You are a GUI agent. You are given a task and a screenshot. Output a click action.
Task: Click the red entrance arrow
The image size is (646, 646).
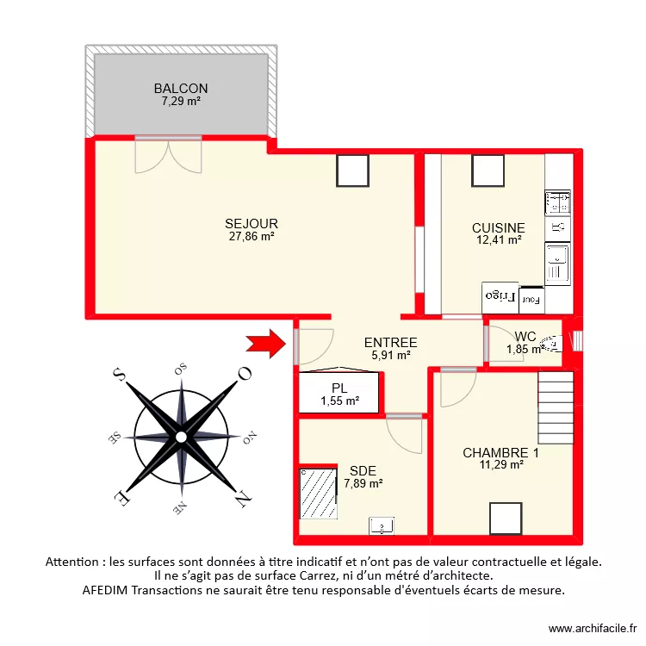point(265,344)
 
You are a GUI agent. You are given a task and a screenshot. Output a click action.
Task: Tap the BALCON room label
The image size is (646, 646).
point(181,89)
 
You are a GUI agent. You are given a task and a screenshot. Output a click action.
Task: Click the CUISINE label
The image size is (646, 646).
point(498,227)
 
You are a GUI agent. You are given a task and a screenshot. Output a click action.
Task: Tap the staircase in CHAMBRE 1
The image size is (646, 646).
point(556,407)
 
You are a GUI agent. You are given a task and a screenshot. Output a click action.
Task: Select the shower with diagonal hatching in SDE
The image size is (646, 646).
point(317,494)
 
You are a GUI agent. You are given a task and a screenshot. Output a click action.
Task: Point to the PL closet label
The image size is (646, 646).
point(339,388)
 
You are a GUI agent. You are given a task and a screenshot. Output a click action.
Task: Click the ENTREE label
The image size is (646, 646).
point(390,342)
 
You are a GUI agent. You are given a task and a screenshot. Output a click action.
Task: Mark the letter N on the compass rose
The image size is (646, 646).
point(242,496)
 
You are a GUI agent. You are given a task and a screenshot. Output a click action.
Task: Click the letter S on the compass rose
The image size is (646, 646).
point(119,375)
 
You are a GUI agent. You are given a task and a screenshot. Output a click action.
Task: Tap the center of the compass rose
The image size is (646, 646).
point(181,437)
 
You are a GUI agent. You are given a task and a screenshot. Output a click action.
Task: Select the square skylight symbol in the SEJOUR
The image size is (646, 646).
point(352,170)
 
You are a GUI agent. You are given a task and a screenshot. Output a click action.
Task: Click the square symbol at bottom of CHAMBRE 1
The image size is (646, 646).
point(506,519)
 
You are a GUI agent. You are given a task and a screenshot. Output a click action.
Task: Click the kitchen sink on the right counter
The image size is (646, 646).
point(557,258)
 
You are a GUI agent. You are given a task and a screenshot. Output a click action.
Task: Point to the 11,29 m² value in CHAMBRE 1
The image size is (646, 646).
point(500,465)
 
